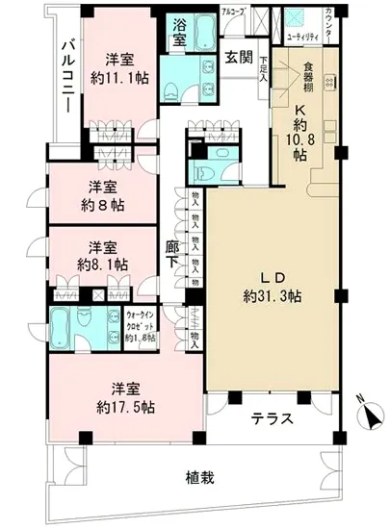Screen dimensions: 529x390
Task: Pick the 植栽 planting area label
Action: [199, 478]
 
